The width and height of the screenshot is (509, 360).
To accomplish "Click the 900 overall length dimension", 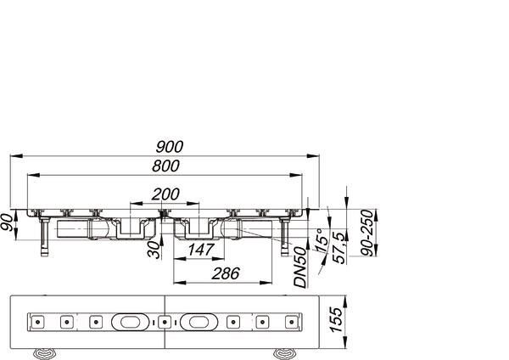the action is coord(170,147).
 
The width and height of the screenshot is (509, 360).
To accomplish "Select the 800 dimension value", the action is coord(165,166).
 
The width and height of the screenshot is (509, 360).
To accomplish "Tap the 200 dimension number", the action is coord(165,194).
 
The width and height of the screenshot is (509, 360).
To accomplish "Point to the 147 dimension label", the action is coord(201,250).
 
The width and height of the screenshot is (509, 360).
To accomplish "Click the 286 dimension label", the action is coord(226,273).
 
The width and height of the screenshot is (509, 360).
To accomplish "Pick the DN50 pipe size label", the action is coord(300,267).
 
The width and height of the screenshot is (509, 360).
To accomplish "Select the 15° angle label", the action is coord(322,240).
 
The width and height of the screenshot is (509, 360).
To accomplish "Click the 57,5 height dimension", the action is coord(339,248).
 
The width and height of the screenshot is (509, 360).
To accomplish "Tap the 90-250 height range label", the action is coord(367,233).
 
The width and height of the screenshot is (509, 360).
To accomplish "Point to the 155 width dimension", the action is coord(336,320).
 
